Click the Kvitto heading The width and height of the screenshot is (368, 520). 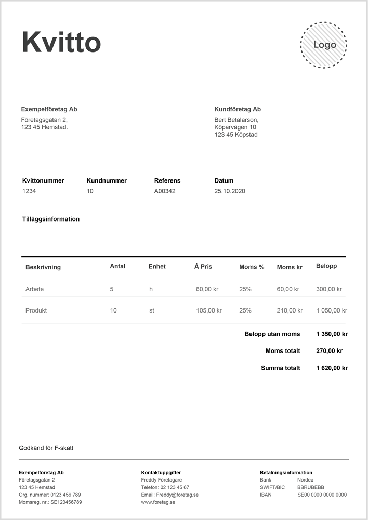tap(61, 42)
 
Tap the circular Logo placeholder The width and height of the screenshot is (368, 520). tap(324, 45)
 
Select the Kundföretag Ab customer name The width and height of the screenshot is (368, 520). tap(238, 109)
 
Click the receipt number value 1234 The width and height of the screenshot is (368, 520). tap(29, 191)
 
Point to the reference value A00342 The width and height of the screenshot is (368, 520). tap(165, 191)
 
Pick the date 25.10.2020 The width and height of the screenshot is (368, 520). tap(229, 191)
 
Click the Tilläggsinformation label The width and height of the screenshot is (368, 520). tap(51, 219)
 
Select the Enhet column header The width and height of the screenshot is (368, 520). tap(157, 266)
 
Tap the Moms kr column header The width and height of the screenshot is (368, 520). tap(290, 267)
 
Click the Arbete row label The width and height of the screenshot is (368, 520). tap(34, 289)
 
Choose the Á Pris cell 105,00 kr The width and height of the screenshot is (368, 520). tap(209, 310)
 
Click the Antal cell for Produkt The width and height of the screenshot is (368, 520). tap(113, 310)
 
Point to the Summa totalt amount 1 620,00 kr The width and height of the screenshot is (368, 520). tap(332, 368)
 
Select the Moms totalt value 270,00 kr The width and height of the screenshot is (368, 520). tap(329, 351)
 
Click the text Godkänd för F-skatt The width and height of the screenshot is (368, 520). tap(46, 448)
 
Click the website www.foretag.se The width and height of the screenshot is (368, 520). tap(158, 502)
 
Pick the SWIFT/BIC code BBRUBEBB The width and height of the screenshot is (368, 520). tap(311, 487)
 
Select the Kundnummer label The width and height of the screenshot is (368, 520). tap(107, 180)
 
